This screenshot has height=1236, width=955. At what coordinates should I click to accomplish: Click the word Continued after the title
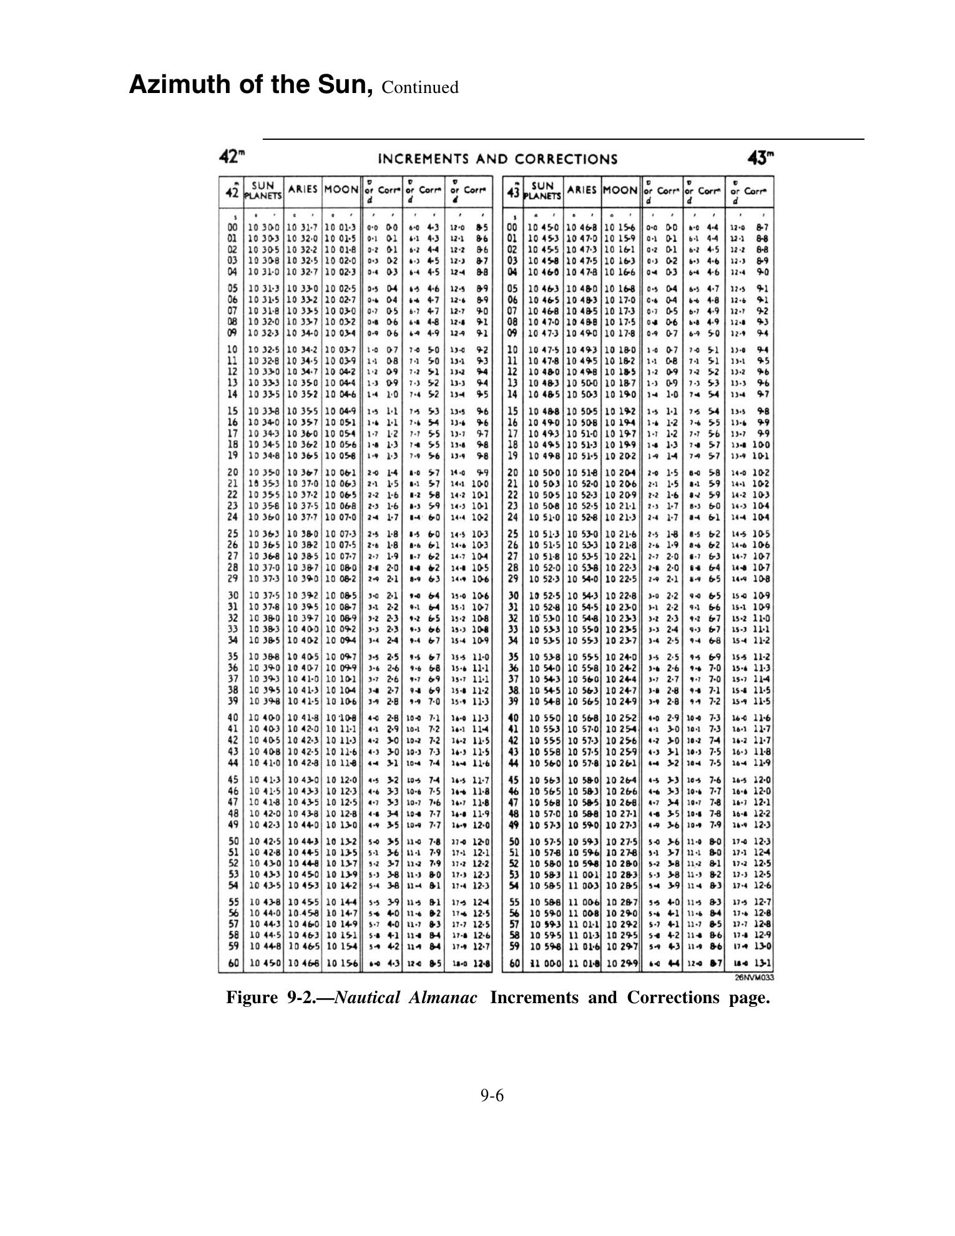pos(419,87)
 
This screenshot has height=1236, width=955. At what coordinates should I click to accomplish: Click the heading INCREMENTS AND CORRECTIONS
pos(497,159)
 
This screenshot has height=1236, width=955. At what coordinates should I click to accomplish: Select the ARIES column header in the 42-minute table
pos(303,189)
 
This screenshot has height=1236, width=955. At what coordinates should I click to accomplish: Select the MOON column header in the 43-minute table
pos(620,189)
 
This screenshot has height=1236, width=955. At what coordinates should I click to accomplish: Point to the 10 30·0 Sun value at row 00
pos(264,227)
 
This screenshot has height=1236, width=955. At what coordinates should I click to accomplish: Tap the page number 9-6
pos(492,1095)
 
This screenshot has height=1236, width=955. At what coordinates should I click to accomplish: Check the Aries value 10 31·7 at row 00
pos(302,227)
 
